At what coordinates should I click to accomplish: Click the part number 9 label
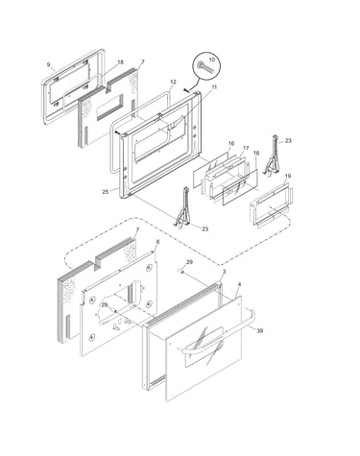pos(49,65)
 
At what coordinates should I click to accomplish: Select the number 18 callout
pos(120,62)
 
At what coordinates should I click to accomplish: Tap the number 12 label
pos(173,83)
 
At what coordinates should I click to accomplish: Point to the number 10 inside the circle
pos(212,60)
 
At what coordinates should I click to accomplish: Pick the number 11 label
pos(214,86)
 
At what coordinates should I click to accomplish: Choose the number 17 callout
pos(246,148)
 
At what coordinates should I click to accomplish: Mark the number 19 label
pos(288,176)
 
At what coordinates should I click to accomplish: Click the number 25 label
pos(106,192)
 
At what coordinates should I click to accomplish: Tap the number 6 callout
pos(157,242)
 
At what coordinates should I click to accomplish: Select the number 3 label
pos(224,272)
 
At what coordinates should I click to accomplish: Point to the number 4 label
pos(239,284)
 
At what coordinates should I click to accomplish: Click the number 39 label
pos(260,331)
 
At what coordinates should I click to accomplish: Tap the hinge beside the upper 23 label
pos(273,156)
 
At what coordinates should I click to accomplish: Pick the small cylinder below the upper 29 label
pos(180,271)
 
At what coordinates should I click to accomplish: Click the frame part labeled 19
pos(272,204)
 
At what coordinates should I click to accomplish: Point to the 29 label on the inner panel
pos(104,305)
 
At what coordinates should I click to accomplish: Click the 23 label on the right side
pos(288,140)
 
